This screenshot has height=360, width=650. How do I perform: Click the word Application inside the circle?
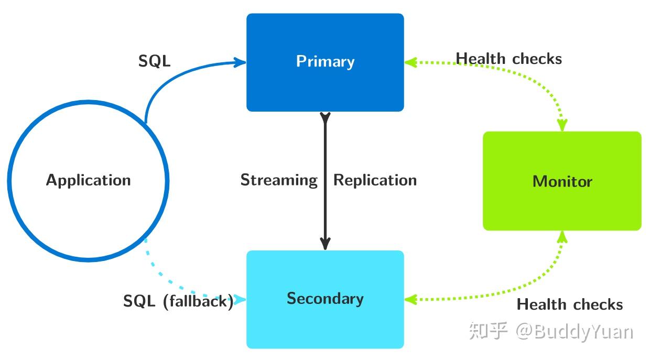(88, 180)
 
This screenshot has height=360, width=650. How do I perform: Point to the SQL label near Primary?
(155, 61)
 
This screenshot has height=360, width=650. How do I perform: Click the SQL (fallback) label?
(178, 301)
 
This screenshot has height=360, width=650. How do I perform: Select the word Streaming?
(279, 180)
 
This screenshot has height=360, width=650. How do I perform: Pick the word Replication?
(375, 180)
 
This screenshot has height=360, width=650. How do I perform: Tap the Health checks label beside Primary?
(508, 59)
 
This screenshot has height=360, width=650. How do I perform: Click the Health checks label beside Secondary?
(570, 304)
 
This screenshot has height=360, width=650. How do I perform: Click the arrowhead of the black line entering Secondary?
(326, 244)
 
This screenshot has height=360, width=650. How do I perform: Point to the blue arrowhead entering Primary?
(241, 62)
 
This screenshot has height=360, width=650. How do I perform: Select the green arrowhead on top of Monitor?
(562, 126)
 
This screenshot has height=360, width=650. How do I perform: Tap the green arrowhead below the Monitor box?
(562, 236)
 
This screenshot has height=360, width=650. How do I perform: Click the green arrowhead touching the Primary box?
(410, 62)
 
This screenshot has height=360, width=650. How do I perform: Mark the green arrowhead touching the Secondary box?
(410, 300)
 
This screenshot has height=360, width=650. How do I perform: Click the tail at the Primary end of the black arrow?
(326, 116)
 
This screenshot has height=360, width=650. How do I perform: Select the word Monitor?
(562, 182)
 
